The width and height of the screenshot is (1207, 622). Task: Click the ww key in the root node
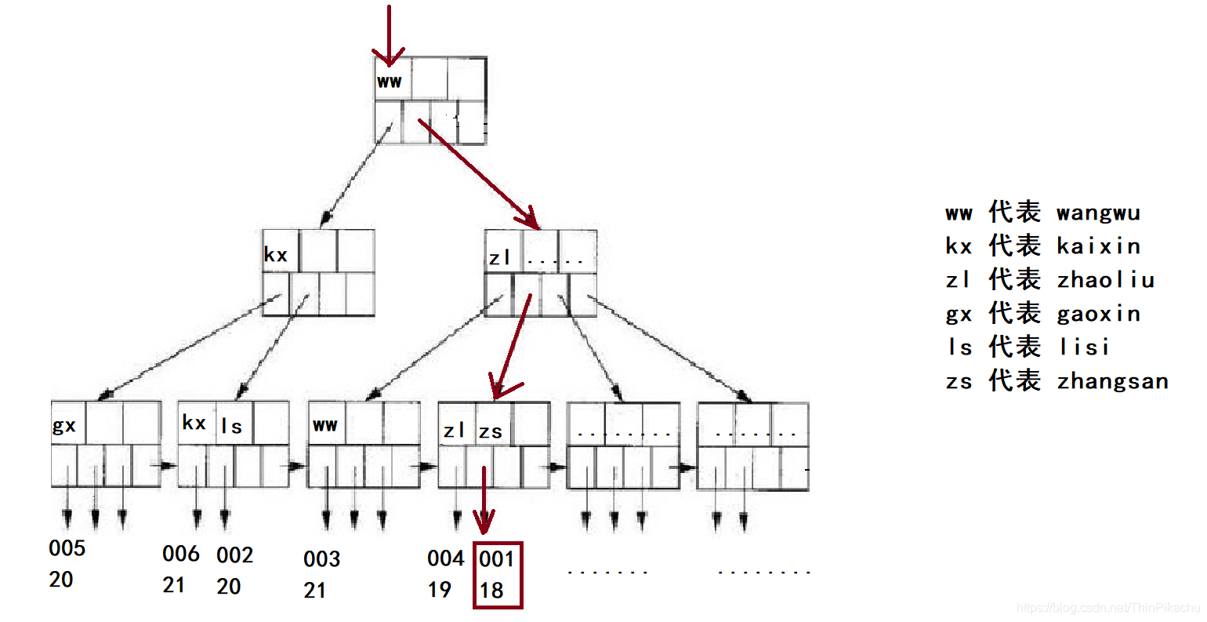(x=389, y=81)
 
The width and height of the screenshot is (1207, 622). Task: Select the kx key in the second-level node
(x=276, y=255)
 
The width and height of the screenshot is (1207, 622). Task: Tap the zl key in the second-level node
(x=500, y=257)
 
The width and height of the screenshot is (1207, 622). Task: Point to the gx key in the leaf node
(x=64, y=426)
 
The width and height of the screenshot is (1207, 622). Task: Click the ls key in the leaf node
(x=232, y=427)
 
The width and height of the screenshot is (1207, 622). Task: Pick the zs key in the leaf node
(x=491, y=431)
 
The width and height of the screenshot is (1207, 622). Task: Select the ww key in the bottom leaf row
(x=324, y=425)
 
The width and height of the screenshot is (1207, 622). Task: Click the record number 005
(x=67, y=548)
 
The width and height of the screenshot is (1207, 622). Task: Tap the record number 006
(x=181, y=554)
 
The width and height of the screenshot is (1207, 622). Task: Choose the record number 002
(x=235, y=555)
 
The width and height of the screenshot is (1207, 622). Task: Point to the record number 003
(x=321, y=559)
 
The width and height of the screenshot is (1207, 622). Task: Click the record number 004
(x=446, y=558)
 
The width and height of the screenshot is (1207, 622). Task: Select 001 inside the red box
(x=496, y=559)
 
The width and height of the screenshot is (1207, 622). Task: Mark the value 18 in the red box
(x=491, y=591)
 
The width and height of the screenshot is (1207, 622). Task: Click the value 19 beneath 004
(x=440, y=589)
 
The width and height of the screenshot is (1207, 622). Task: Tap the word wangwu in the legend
(x=1098, y=213)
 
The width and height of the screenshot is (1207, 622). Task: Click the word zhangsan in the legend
(x=1112, y=382)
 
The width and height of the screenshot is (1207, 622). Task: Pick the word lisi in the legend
(x=1084, y=347)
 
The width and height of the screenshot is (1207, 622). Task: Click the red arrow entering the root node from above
(x=389, y=35)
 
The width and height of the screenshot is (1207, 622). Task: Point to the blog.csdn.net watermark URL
(x=1107, y=608)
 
